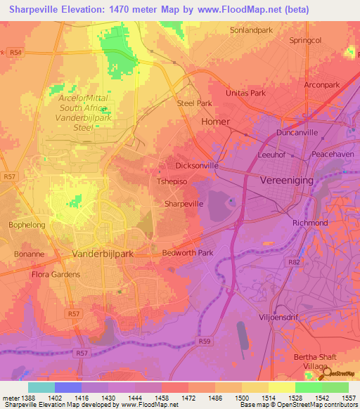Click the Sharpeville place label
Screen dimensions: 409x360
point(184,203)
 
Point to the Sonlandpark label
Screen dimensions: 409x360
point(252,30)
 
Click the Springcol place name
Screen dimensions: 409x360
point(305,40)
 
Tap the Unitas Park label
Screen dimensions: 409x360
point(245,93)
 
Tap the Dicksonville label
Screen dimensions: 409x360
point(196,166)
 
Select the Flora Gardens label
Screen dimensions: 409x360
point(56,274)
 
